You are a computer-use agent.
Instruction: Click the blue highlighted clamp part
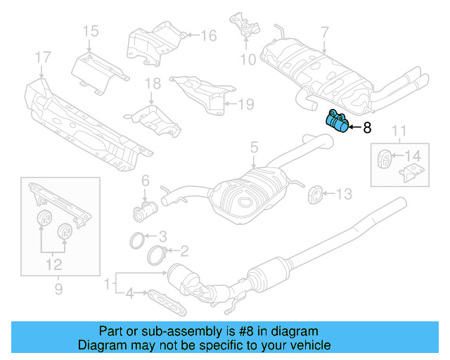335,122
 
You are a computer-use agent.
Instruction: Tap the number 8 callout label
366,128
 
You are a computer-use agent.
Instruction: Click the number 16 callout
209,35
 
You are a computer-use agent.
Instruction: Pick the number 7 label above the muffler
324,32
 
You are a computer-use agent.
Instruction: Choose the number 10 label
248,59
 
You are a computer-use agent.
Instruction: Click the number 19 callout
245,105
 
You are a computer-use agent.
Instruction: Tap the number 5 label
255,148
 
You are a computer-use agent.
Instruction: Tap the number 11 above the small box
399,129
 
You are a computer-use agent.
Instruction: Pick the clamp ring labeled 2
160,254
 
